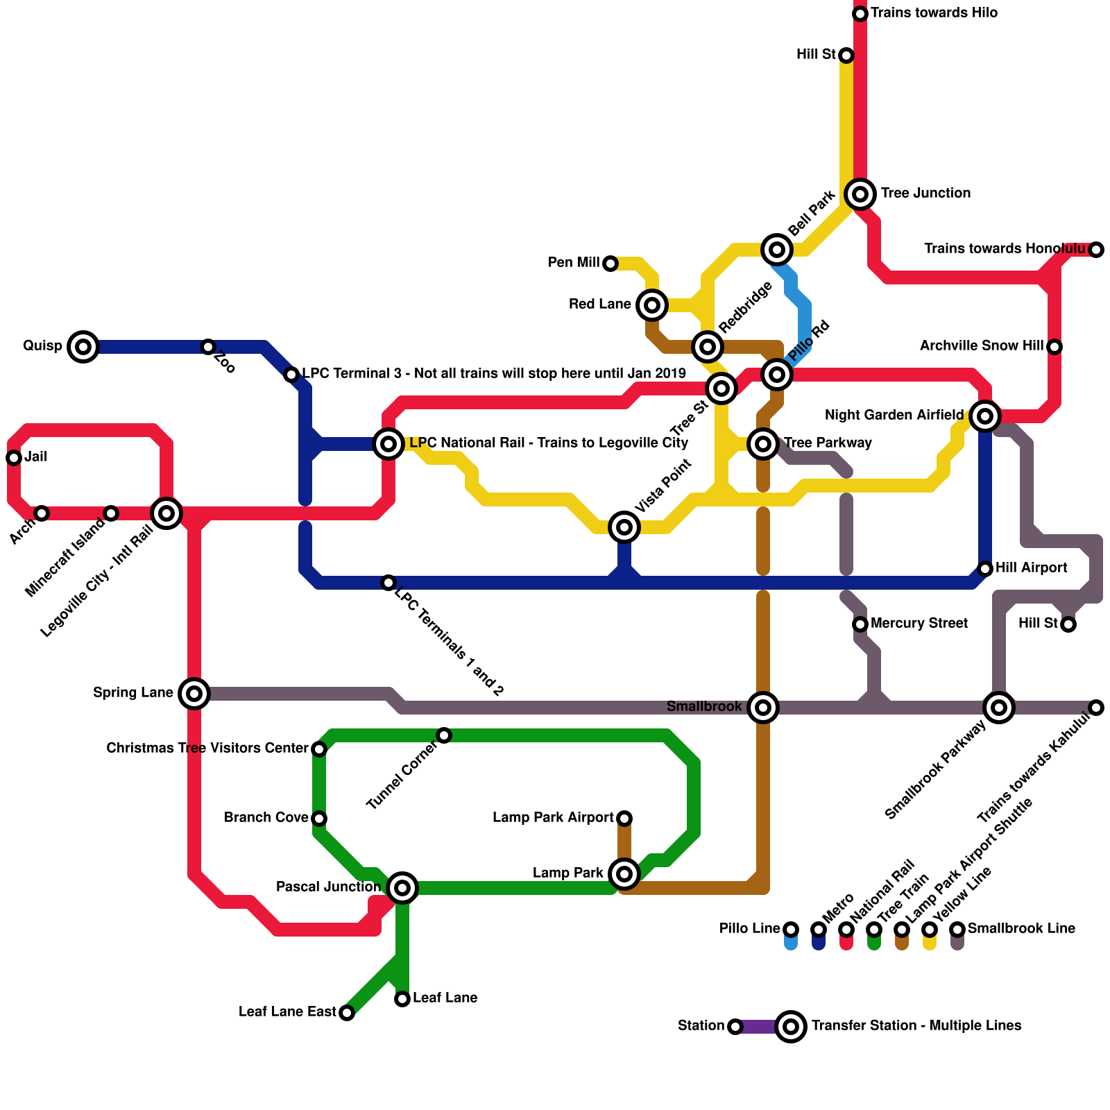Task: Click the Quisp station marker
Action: pos(83,346)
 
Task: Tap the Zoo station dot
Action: pos(208,346)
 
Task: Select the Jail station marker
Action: pos(14,457)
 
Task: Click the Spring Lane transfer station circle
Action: pos(194,693)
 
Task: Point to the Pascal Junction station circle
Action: pos(402,887)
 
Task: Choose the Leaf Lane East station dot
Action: pos(347,1013)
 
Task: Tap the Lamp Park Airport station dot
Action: pos(624,819)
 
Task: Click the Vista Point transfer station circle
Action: pos(624,527)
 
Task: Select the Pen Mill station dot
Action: pos(610,264)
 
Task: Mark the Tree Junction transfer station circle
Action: pos(860,194)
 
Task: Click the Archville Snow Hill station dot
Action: pos(1054,346)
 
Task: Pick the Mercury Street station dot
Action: pos(860,624)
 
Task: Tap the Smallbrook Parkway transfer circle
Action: pos(999,707)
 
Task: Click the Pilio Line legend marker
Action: pos(791,930)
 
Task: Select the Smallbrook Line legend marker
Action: pos(957,930)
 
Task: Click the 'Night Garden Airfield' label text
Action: pos(894,416)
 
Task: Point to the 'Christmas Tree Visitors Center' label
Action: pos(207,749)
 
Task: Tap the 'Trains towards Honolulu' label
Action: pos(1005,249)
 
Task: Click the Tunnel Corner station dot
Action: pos(444,735)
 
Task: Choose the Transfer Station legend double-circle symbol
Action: pos(791,1026)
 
